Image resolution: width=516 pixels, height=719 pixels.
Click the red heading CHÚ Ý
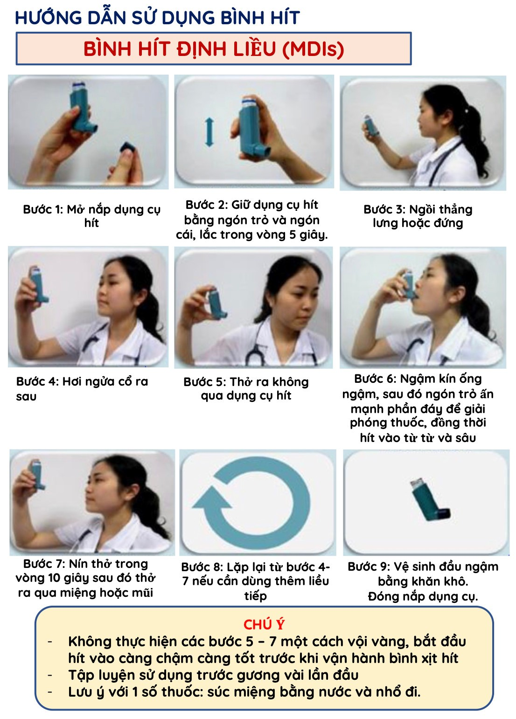pos(264,625)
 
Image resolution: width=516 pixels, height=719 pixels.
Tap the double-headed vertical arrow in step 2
pos(209,132)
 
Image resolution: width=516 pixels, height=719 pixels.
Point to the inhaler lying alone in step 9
pos(430,500)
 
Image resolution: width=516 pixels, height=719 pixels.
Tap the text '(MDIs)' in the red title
pos(313,49)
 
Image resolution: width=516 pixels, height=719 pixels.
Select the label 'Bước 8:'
pos(202,567)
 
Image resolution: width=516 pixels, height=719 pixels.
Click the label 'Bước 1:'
pos(43,210)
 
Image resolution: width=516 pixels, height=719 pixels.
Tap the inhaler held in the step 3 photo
pos(371,125)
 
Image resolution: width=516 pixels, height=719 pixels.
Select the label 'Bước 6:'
pos(375,379)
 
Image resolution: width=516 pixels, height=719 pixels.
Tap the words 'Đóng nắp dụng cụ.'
pos(423,597)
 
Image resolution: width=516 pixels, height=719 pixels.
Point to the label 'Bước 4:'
pos(37,381)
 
